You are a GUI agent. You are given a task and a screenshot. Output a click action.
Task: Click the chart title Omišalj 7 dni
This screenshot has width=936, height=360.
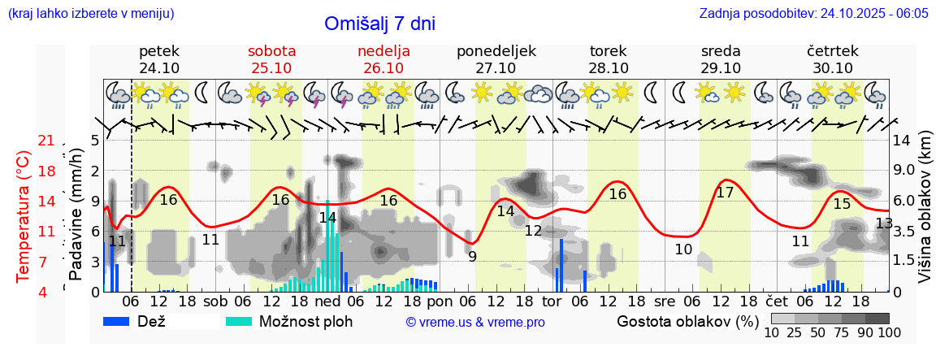pyautogui.click(x=379, y=24)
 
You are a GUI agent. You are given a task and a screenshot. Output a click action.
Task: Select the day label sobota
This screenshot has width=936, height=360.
pyautogui.click(x=271, y=51)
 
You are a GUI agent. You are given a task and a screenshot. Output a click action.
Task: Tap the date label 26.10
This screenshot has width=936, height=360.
pyautogui.click(x=383, y=68)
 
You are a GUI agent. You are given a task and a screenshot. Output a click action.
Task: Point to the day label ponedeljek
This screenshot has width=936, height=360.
pyautogui.click(x=496, y=51)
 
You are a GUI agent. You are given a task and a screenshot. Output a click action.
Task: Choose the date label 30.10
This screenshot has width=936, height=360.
pyautogui.click(x=832, y=68)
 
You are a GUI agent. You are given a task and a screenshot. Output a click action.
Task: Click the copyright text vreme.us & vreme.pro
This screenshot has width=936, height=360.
pyautogui.click(x=475, y=322)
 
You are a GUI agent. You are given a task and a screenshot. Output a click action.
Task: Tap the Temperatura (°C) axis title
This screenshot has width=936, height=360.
pyautogui.click(x=24, y=216)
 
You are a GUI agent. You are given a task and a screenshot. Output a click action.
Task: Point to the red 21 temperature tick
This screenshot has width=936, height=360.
pyautogui.click(x=46, y=141)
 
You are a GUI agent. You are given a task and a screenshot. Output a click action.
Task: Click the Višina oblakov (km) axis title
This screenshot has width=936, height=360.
pyautogui.click(x=925, y=216)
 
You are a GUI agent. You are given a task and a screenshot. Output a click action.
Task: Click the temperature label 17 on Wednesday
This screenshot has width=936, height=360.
pyautogui.click(x=725, y=193)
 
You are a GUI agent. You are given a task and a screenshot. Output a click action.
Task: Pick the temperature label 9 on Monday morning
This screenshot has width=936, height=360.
pyautogui.click(x=472, y=257)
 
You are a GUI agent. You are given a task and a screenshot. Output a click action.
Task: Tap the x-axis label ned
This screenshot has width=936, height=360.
pyautogui.click(x=327, y=301)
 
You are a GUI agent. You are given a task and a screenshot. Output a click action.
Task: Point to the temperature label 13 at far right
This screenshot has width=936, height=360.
pyautogui.click(x=884, y=223)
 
